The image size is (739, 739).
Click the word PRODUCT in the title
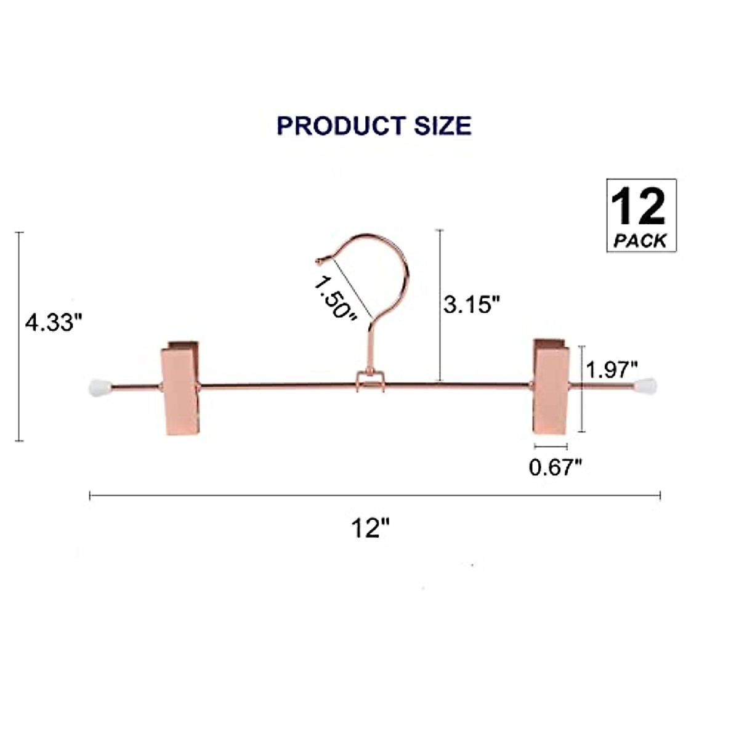pyautogui.click(x=341, y=126)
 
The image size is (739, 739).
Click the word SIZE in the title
pyautogui.click(x=442, y=126)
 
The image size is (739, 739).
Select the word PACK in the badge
pyautogui.click(x=640, y=241)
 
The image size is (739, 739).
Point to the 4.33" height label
pyautogui.click(x=54, y=322)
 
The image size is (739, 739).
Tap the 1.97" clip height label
pyautogui.click(x=611, y=370)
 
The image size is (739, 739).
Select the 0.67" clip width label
pyautogui.click(x=555, y=467)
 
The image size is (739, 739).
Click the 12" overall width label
pyautogui.click(x=372, y=528)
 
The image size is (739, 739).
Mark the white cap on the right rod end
pyautogui.click(x=646, y=387)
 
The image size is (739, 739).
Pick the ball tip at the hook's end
pyautogui.click(x=319, y=261)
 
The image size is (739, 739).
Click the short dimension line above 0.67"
pyautogui.click(x=551, y=446)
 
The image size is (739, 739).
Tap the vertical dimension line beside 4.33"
pyautogui.click(x=20, y=336)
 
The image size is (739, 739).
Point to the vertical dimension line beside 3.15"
pyautogui.click(x=440, y=305)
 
